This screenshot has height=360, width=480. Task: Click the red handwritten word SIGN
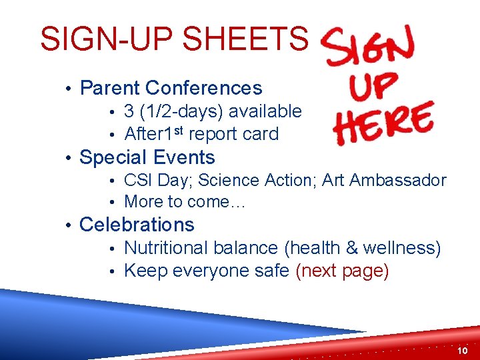pos(369,47)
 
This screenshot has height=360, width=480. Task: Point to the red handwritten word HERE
pos(384,125)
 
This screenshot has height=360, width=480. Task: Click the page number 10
pos(463,351)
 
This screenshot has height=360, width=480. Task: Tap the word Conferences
pos(204,88)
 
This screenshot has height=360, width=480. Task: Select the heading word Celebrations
pos(137,225)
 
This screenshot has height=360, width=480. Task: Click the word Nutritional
pos(167,248)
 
